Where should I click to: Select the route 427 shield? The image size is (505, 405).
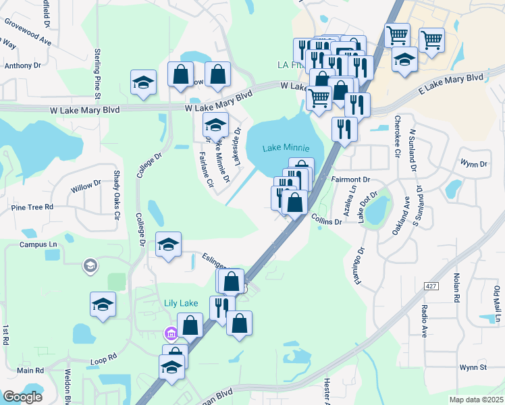431,286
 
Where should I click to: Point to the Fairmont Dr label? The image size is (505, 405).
352,180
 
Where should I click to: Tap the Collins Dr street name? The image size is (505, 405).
326,219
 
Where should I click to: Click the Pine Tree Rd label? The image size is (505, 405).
32,207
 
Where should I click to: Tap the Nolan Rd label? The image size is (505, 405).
457,288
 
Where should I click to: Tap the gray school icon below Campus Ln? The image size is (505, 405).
89,266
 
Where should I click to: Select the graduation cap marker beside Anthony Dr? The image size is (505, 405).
143,83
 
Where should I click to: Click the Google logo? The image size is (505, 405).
22,397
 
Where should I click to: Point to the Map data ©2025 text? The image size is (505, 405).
475,400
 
